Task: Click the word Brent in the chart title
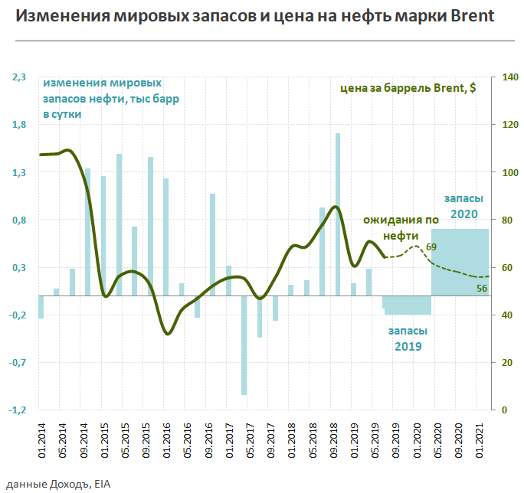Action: pos(468,16)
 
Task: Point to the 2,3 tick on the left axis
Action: pos(18,77)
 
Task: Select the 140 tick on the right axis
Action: pos(509,77)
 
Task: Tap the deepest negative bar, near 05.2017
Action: pos(244,344)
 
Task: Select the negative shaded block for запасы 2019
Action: pos(408,305)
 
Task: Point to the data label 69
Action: pos(431,246)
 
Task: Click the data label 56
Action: pos(481,288)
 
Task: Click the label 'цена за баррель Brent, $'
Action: pos(407,88)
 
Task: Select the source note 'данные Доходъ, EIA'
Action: pos(50,484)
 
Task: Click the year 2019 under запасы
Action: pos(408,346)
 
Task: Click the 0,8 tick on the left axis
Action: pos(18,220)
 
